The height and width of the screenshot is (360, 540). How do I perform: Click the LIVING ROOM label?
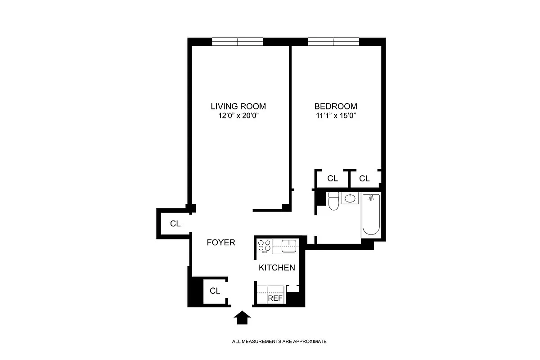238,107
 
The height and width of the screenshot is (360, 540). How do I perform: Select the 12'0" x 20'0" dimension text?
238,116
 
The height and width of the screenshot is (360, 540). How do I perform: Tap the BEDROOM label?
336,107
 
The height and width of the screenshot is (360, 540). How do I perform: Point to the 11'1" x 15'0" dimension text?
336,116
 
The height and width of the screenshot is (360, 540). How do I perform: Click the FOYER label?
221,243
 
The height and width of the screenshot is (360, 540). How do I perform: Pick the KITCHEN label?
277,268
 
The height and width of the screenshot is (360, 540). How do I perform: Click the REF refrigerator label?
275,298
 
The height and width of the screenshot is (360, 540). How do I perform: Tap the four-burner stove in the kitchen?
265,246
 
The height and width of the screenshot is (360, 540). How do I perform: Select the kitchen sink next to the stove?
288,245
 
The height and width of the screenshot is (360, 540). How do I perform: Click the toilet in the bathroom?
333,201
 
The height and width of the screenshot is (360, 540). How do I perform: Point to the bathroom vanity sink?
350,198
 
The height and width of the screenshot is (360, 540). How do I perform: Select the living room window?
237,42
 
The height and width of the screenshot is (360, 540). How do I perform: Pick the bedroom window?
333,42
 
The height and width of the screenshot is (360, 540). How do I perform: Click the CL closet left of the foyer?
175,224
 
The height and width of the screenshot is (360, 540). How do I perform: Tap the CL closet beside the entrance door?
215,291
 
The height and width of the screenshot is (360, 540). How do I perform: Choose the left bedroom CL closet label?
333,179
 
